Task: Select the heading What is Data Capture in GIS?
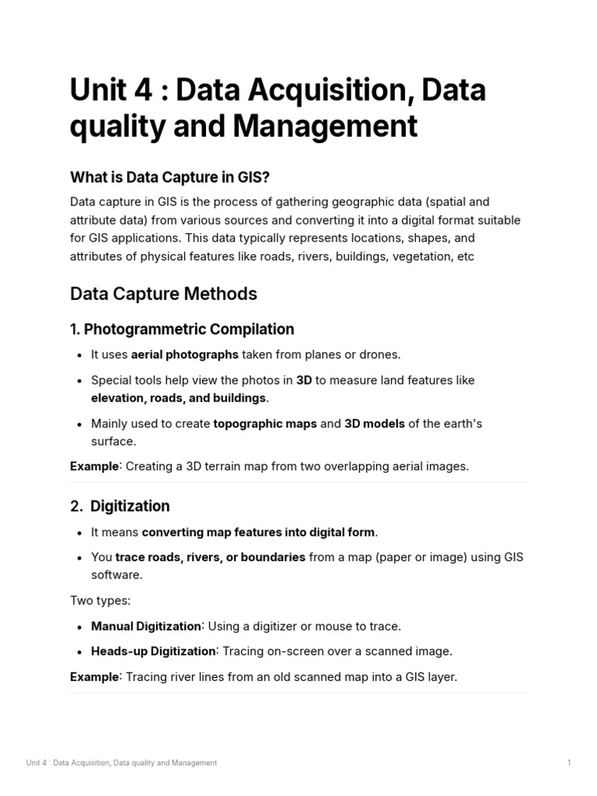[x=169, y=177]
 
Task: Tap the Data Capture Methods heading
[x=163, y=294]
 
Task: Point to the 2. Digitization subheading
[x=120, y=506]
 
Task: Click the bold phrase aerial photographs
[x=184, y=354]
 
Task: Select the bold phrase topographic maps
[x=265, y=424]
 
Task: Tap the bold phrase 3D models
[x=375, y=424]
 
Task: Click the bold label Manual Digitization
[x=146, y=626]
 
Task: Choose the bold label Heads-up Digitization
[x=153, y=651]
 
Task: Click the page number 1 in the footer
[x=569, y=763]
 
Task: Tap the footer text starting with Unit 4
[x=121, y=763]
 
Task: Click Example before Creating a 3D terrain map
[x=94, y=466]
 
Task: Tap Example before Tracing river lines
[x=94, y=676]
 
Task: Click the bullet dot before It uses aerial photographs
[x=81, y=355]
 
